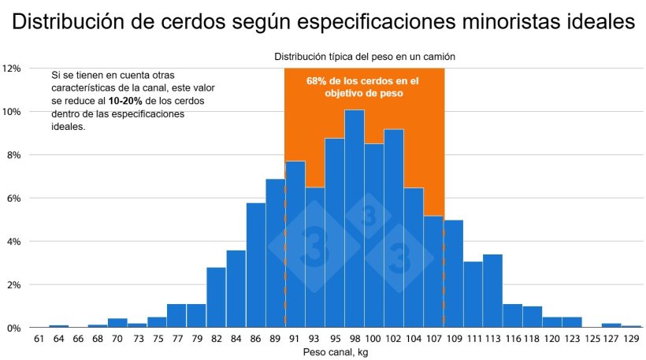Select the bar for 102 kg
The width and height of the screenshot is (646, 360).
(x=394, y=228)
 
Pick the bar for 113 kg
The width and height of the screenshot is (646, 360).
(x=492, y=291)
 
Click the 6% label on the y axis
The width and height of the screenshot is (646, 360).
(x=13, y=198)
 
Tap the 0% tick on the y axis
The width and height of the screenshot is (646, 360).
(x=13, y=328)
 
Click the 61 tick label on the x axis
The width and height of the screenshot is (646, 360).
(x=39, y=339)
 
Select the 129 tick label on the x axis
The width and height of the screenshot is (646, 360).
(x=631, y=339)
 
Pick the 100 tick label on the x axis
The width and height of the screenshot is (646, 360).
(x=374, y=339)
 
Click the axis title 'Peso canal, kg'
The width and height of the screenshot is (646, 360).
(x=336, y=352)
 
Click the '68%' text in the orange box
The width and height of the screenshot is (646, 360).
(x=317, y=80)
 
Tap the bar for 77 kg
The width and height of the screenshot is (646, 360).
(x=176, y=315)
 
